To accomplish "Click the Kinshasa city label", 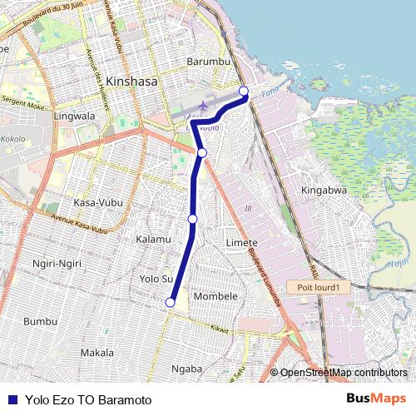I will pyautogui.click(x=131, y=83).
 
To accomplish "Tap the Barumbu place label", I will pyautogui.click(x=208, y=62).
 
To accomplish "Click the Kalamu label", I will pyautogui.click(x=152, y=239).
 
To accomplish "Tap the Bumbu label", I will pyautogui.click(x=40, y=321).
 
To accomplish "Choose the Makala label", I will pyautogui.click(x=97, y=353).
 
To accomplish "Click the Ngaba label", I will pyautogui.click(x=186, y=369).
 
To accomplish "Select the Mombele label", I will pyautogui.click(x=215, y=296).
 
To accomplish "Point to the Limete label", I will pyautogui.click(x=241, y=242).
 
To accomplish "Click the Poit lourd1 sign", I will pyautogui.click(x=315, y=287).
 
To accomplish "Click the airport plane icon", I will pyautogui.click(x=203, y=106).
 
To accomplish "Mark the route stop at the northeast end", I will pyautogui.click(x=244, y=91).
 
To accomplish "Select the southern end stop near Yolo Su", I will pyautogui.click(x=171, y=303).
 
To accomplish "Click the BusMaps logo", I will pyautogui.click(x=377, y=399).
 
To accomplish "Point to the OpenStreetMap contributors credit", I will pyautogui.click(x=343, y=373).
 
